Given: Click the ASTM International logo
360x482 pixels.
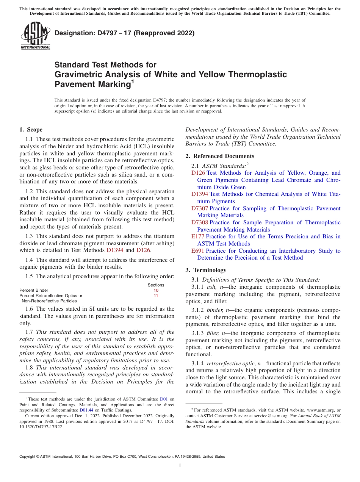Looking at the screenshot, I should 35,36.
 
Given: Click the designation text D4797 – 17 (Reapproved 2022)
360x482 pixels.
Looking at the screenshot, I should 124,33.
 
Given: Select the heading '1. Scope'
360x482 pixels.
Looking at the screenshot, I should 31,130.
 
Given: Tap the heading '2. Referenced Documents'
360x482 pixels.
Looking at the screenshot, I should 220,156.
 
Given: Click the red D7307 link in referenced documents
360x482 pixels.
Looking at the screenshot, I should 199,208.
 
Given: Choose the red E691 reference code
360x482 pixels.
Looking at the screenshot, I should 198,251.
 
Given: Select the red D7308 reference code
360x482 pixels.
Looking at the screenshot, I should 199,222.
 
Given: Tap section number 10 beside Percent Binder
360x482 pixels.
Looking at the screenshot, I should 156,290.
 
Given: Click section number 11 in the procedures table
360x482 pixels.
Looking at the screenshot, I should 156,296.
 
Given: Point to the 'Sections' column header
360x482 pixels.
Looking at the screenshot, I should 156,285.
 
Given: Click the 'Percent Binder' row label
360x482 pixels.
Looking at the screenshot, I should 34,290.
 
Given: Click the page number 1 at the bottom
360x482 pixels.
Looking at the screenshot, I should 180,465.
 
